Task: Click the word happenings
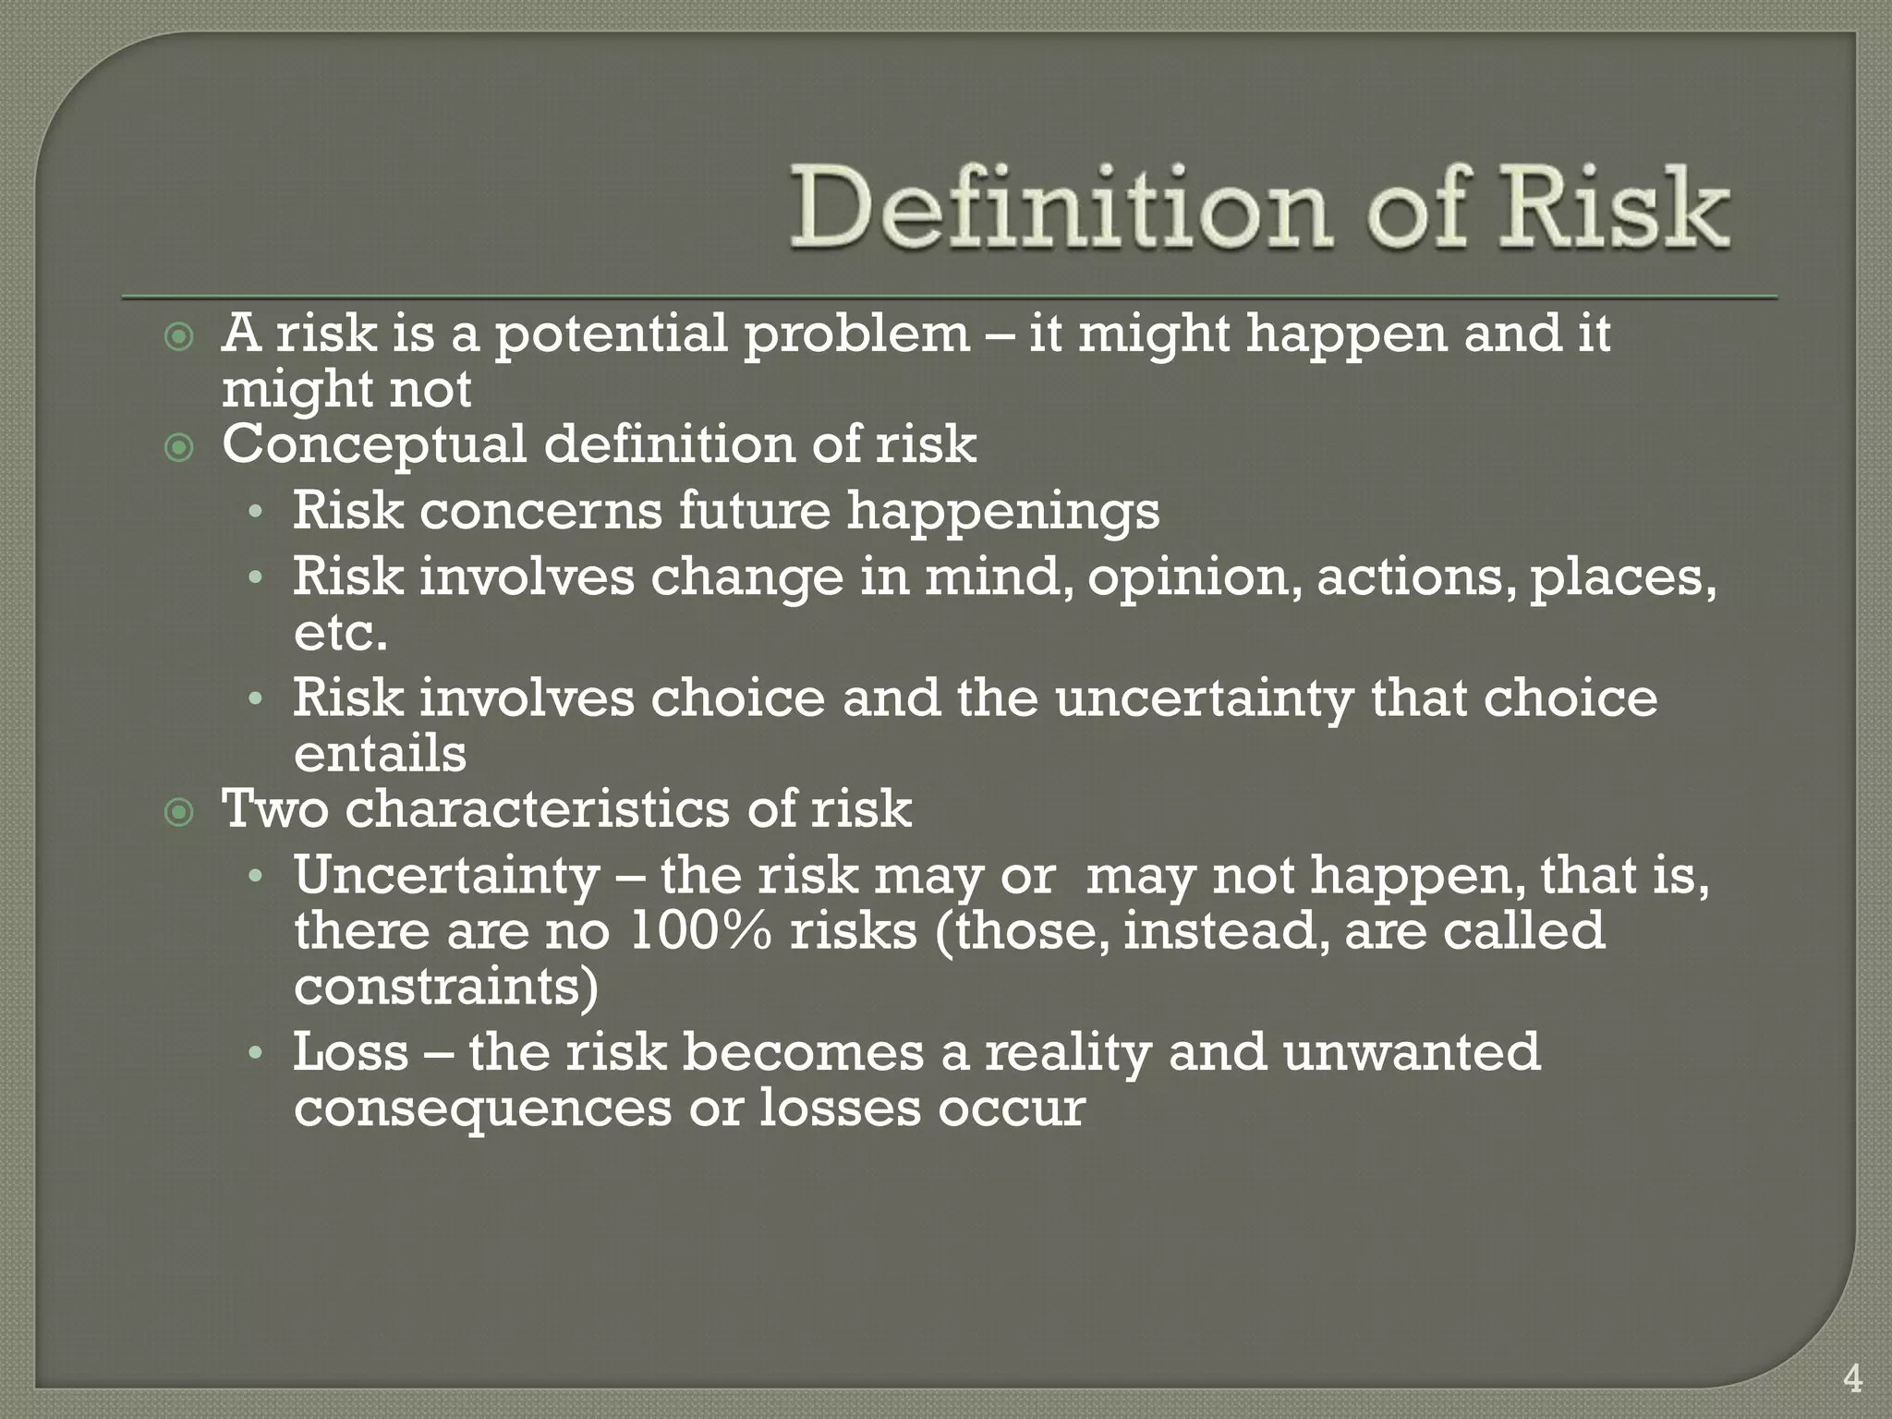pyautogui.click(x=1003, y=511)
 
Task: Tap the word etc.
pyautogui.click(x=340, y=634)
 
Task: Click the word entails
pyautogui.click(x=380, y=754)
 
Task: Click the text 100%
pyautogui.click(x=699, y=931)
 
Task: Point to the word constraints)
pyautogui.click(x=446, y=987)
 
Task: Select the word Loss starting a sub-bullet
pyautogui.click(x=351, y=1052)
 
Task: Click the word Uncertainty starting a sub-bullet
pyautogui.click(x=446, y=876)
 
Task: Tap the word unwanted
pyautogui.click(x=1411, y=1052)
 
